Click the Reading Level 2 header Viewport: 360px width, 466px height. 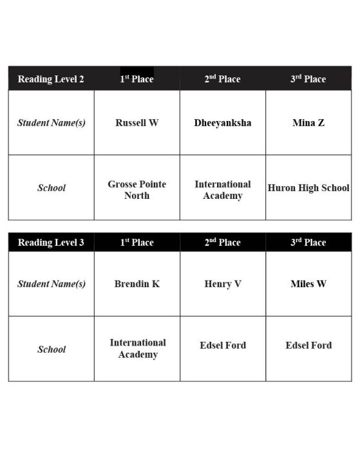click(51, 79)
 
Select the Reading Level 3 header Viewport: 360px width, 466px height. click(51, 243)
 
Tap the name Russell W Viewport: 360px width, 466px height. click(137, 122)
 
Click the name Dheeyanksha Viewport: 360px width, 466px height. click(223, 122)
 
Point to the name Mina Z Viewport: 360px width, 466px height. click(308, 122)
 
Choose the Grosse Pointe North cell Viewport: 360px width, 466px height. click(137, 189)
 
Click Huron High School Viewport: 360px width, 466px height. click(308, 188)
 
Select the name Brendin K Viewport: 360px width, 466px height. click(137, 283)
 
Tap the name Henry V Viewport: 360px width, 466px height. click(223, 283)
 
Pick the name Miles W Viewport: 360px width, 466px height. click(308, 283)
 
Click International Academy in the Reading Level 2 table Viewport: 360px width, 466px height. click(223, 189)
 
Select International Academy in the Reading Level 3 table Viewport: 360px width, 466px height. click(137, 348)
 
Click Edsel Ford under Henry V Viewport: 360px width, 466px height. click(223, 345)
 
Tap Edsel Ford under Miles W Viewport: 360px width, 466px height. click(308, 345)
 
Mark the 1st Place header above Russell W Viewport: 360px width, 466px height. click(137, 79)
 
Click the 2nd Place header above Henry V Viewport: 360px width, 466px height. click(222, 243)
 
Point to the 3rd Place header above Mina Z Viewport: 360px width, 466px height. click(308, 79)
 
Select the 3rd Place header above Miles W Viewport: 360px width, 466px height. click(308, 243)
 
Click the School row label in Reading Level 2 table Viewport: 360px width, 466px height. click(52, 188)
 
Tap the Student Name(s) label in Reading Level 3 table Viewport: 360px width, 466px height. click(52, 283)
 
